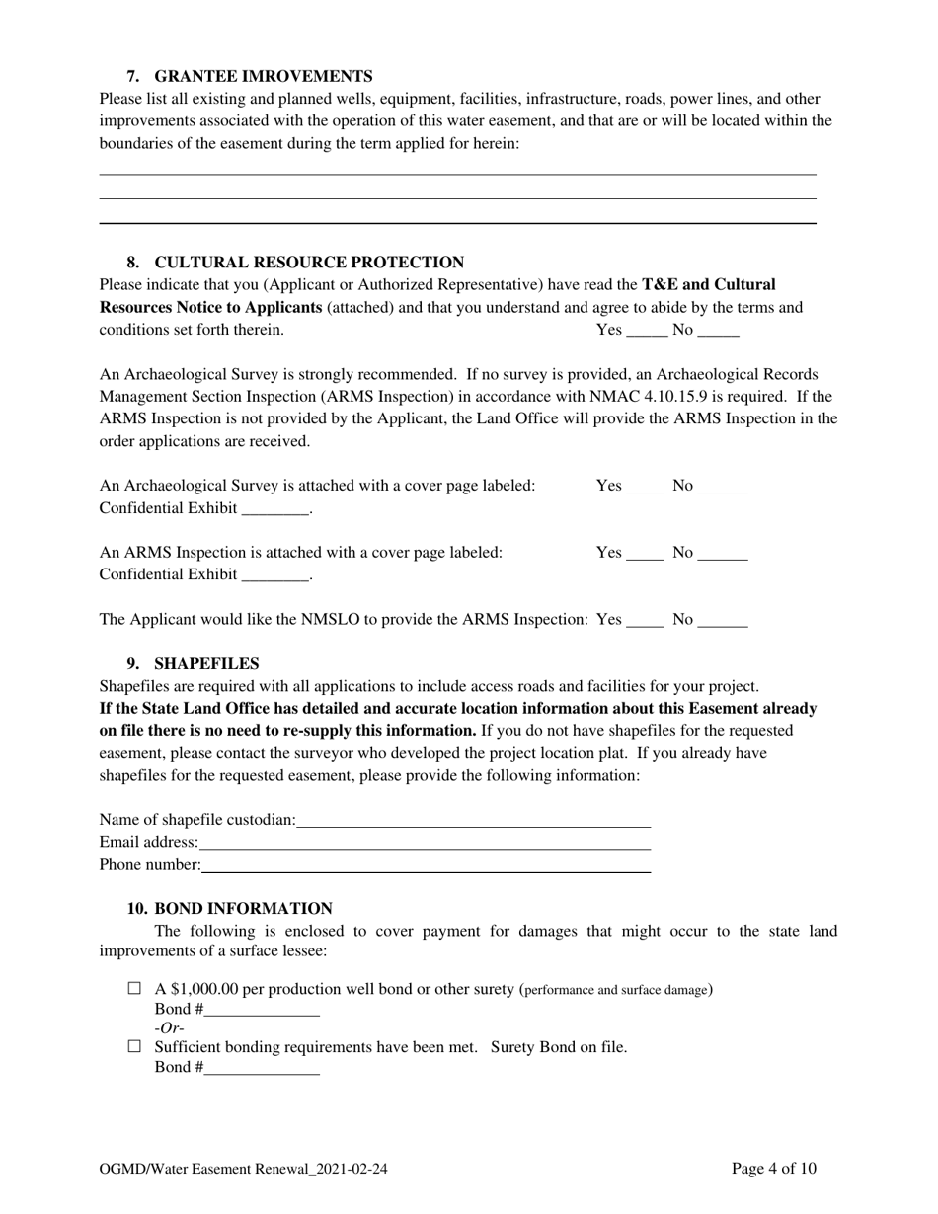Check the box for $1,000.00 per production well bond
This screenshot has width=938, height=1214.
(x=135, y=988)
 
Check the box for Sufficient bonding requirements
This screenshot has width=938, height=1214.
(x=135, y=1046)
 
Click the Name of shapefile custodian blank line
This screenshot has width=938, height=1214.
(x=473, y=821)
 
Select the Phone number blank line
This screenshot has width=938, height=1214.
(x=426, y=867)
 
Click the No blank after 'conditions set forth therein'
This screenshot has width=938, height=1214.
(x=718, y=332)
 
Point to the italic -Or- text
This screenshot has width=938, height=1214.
(x=170, y=1028)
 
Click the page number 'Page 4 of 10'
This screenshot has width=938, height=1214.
(x=774, y=1170)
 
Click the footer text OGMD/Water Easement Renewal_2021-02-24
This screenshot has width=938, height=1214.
(x=243, y=1170)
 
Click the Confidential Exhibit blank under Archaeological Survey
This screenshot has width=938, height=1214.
(x=275, y=510)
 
